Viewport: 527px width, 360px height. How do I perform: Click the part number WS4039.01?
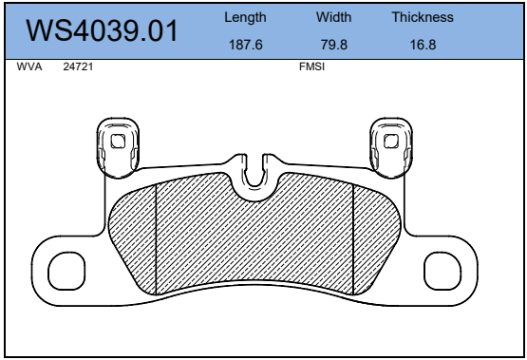click(x=102, y=31)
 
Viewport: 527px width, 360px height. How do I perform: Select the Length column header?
click(x=245, y=17)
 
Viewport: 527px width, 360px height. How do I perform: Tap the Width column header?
click(x=333, y=17)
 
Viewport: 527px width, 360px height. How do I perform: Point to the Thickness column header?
click(x=423, y=17)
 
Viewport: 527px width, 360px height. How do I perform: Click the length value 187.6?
click(x=245, y=45)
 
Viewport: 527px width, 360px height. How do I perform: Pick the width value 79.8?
click(x=333, y=45)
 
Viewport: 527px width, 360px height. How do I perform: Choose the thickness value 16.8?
click(x=423, y=45)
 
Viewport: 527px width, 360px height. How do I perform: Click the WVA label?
click(x=29, y=68)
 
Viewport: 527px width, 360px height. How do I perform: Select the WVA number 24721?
click(x=77, y=68)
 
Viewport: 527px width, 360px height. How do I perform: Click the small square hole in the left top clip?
click(x=118, y=142)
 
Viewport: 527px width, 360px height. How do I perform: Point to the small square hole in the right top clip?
click(x=389, y=142)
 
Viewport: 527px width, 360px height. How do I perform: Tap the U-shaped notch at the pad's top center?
click(x=254, y=175)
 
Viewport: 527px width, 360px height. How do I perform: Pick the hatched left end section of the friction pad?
click(x=134, y=237)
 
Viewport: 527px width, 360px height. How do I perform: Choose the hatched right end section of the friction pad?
click(x=374, y=237)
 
